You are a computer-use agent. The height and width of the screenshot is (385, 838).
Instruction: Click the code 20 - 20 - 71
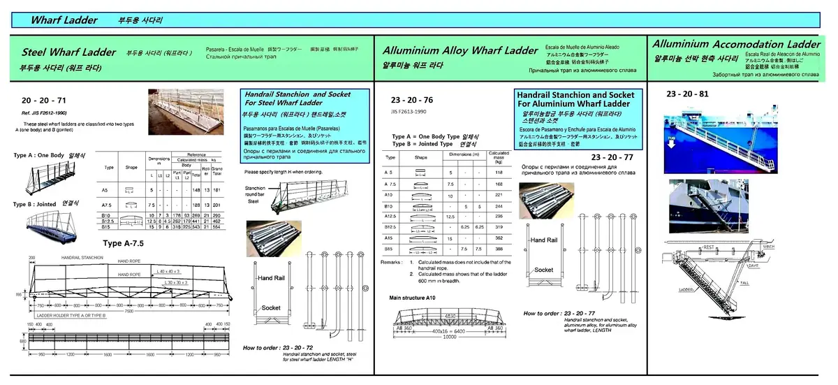(45, 101)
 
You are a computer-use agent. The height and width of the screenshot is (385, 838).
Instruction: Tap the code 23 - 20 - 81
(687, 94)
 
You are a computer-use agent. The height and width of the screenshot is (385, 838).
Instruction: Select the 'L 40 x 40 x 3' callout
(169, 270)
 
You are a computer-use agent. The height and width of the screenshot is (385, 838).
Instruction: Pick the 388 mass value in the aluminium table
(498, 249)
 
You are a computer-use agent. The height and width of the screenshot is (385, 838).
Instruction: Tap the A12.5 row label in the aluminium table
(391, 217)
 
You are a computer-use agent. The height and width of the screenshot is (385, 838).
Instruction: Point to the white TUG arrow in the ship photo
(672, 140)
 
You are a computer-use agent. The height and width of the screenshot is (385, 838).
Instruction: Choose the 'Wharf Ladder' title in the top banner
(64, 20)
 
